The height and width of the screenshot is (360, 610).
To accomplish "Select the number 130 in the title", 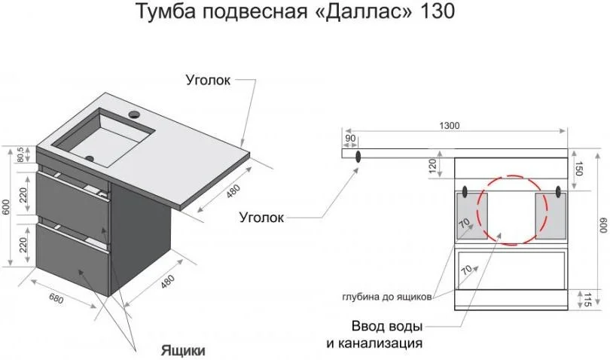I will pyautogui.click(x=436, y=13).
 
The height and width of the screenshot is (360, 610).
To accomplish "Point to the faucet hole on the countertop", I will pyautogui.click(x=136, y=114).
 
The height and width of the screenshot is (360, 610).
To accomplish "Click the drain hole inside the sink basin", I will pyautogui.click(x=90, y=158).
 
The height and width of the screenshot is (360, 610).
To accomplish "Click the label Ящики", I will pyautogui.click(x=181, y=350).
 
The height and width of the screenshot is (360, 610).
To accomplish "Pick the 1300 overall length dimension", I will pyautogui.click(x=451, y=126).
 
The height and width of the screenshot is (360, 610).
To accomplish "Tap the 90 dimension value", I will pyautogui.click(x=350, y=139).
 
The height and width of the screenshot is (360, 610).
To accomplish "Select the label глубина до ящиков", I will pyautogui.click(x=386, y=297).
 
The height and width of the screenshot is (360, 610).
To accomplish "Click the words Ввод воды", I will pyautogui.click(x=386, y=326).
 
